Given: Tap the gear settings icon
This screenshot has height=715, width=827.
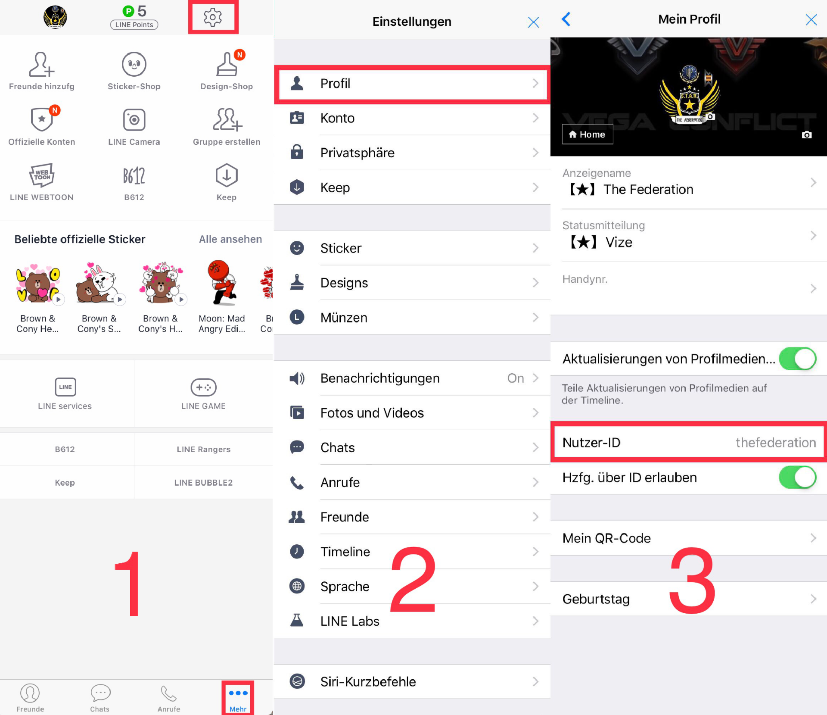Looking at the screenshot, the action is [212, 17].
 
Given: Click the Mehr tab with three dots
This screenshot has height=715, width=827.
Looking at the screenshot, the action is [238, 698].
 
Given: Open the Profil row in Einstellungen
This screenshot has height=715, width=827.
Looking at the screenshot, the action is [412, 84].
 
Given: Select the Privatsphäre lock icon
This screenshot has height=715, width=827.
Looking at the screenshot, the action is [297, 152].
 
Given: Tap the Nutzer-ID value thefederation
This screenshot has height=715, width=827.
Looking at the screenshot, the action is [775, 443].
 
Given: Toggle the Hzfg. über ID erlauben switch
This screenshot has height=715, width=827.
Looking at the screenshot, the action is [797, 478].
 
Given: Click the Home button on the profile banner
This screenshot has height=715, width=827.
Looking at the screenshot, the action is [587, 134].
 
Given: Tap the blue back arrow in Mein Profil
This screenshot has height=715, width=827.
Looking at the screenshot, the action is [566, 19].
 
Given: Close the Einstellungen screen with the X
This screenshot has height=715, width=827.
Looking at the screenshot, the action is [533, 22].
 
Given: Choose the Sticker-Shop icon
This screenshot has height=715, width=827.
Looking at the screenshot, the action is [134, 64].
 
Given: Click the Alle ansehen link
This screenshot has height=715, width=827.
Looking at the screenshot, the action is [230, 239].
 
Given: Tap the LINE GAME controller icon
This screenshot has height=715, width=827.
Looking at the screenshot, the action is [203, 387].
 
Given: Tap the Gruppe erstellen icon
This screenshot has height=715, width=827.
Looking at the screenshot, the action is [227, 119].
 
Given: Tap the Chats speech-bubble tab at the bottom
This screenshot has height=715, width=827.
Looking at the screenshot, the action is [100, 698].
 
